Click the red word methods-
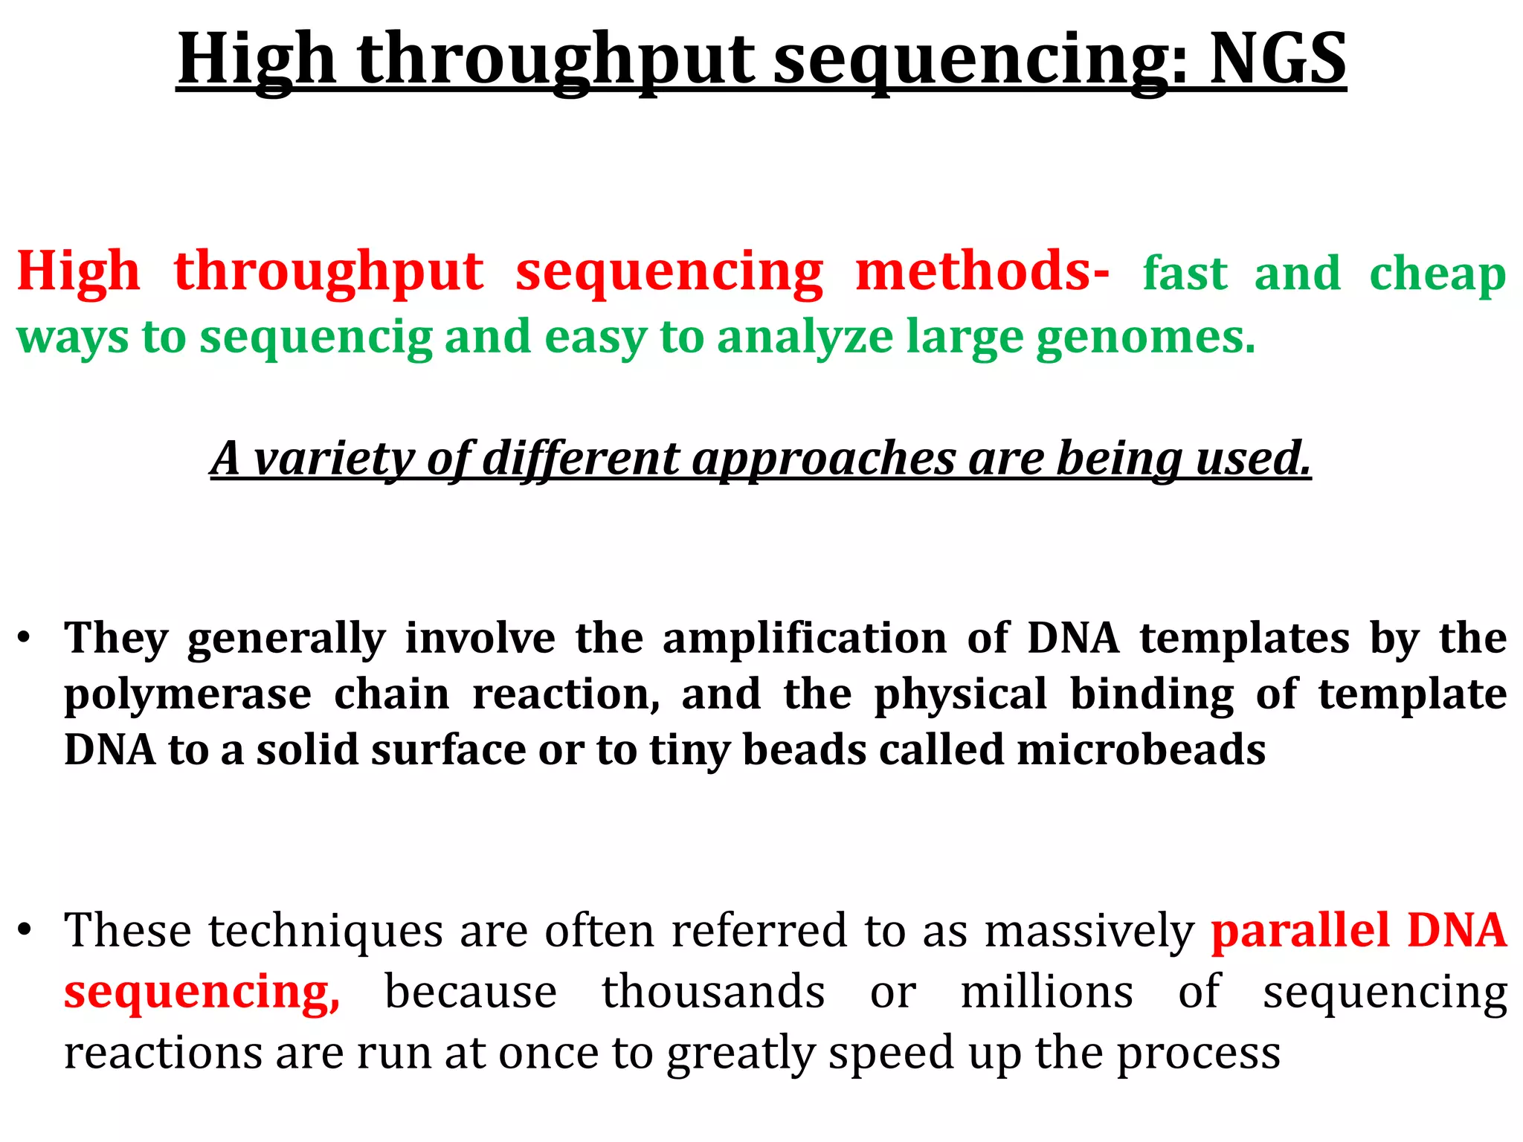point(982,271)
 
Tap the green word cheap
point(1437,274)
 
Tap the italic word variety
point(332,458)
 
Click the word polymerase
point(187,695)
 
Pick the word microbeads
point(1141,749)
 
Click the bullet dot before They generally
point(25,639)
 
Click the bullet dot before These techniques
point(25,930)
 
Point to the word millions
point(1046,992)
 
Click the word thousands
point(713,992)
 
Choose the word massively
point(1089,932)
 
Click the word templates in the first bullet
point(1244,638)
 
